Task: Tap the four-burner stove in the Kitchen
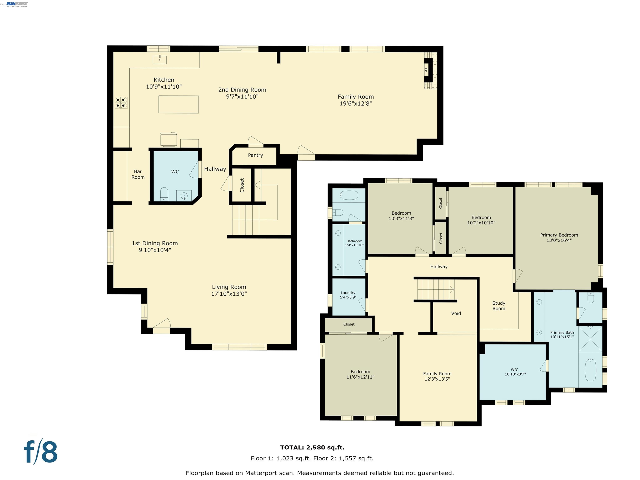tap(121, 103)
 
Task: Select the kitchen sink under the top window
tap(160, 60)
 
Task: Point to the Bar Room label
tap(138, 174)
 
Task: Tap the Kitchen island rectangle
tap(179, 104)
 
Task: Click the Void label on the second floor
tap(456, 313)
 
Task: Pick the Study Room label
tap(499, 306)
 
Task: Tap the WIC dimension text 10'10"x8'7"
tap(515, 374)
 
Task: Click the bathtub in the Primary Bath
tap(590, 370)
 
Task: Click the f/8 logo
tap(40, 452)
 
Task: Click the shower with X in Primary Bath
tap(590, 339)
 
